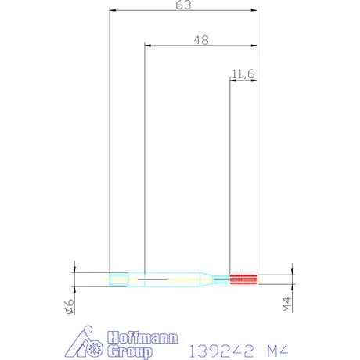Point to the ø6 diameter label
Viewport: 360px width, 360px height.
coord(69,307)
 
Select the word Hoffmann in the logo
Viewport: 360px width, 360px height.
coord(142,337)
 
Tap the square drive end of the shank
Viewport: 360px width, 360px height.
coord(119,277)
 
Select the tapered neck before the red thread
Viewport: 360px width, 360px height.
coord(211,277)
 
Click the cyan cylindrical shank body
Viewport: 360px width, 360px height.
coord(168,277)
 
